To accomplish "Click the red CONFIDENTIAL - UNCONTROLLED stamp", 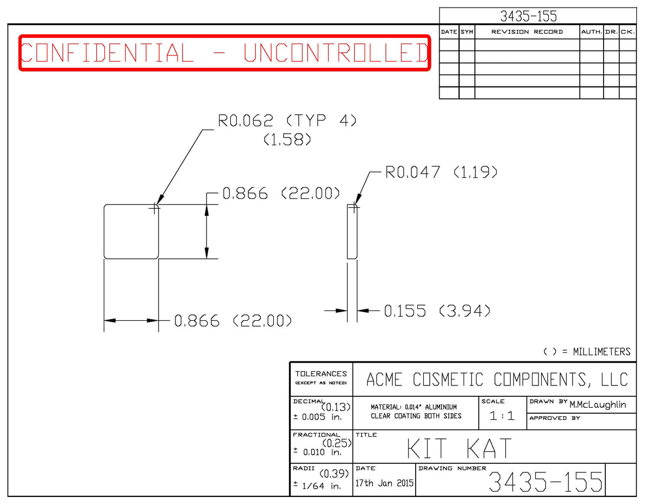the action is (224, 53).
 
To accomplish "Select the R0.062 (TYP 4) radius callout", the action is (287, 121).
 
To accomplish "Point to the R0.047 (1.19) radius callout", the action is (441, 172).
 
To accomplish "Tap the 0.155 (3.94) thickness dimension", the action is (437, 310).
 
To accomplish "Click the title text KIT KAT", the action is (459, 448).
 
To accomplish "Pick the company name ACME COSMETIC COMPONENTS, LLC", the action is (497, 379).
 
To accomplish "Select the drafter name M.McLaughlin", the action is (598, 405).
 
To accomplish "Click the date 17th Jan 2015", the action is (384, 483).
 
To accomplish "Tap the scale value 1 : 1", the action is (502, 416).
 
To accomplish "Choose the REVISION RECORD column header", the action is (527, 32).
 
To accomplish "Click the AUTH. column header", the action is (591, 32).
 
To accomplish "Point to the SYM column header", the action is (467, 32).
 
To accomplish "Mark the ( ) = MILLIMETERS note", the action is (587, 352).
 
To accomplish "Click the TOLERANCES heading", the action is (321, 374).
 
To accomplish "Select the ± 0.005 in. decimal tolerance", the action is (317, 417).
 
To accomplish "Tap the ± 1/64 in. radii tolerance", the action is (317, 486).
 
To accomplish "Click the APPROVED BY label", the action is (555, 418).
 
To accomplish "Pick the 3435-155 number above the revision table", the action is (528, 16).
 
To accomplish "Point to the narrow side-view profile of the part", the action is (352, 232).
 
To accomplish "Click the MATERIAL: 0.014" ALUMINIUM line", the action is (414, 407).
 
